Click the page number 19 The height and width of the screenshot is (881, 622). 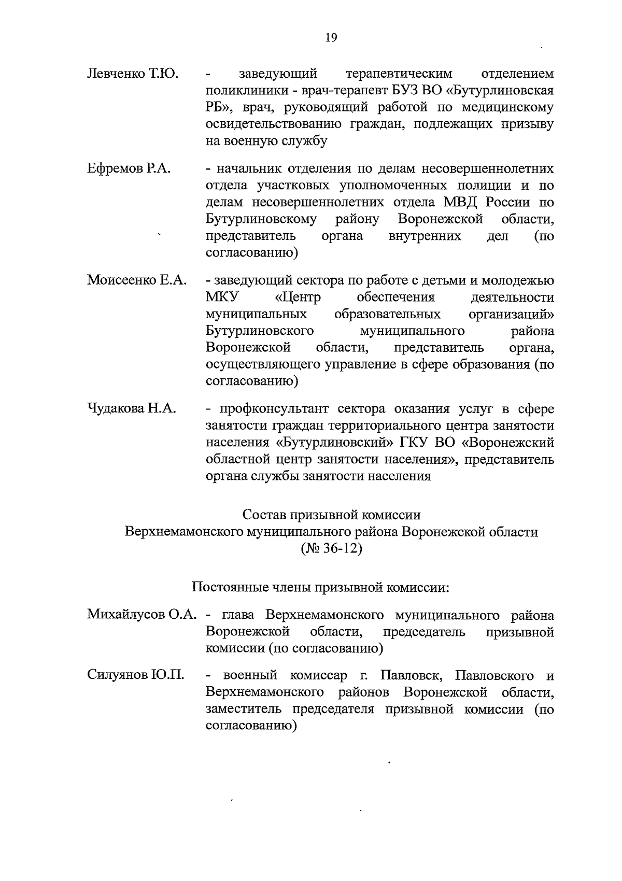[331, 37]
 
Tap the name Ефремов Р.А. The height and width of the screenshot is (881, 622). [129, 169]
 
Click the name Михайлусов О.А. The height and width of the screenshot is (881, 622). [142, 615]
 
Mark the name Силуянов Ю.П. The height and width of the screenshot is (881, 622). [136, 676]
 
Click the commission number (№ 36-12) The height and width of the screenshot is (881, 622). [331, 549]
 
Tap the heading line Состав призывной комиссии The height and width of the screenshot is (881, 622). [331, 515]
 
